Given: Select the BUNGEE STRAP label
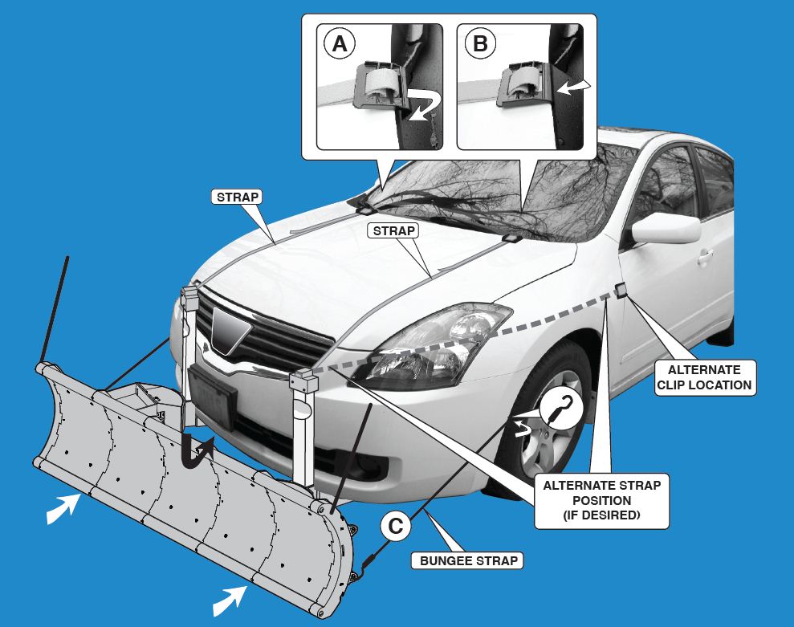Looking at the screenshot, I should click(x=470, y=560).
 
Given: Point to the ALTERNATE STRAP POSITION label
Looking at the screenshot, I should click(x=602, y=500).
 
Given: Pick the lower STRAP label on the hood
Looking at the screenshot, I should click(x=393, y=231).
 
